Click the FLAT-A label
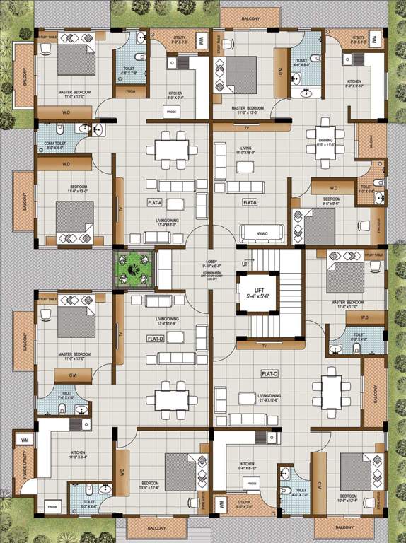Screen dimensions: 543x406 coord(155,203)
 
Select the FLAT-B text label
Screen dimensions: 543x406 coord(249,203)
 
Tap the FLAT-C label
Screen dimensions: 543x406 coord(269,373)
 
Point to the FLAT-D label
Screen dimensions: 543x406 coord(155,339)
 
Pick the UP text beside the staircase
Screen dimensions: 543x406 coord(245,263)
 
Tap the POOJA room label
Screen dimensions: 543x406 coord(130,91)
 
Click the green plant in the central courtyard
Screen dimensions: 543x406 coord(133,269)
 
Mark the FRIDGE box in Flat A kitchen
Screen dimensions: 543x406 coord(171,111)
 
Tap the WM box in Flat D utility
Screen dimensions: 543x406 coord(25,440)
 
